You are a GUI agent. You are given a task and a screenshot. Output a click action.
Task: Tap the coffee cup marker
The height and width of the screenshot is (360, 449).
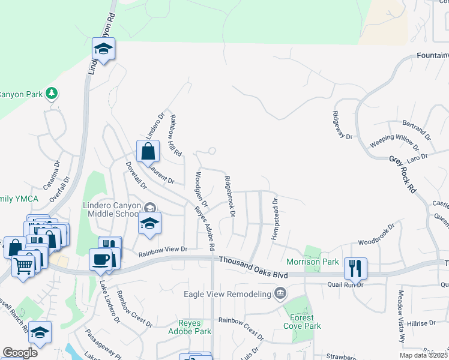pyautogui.click(x=100, y=259)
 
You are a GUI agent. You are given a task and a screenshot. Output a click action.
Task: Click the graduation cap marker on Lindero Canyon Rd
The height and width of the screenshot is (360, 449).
pyautogui.click(x=103, y=49)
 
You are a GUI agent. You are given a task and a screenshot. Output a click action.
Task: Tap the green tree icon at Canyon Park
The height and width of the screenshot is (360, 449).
pyautogui.click(x=52, y=94)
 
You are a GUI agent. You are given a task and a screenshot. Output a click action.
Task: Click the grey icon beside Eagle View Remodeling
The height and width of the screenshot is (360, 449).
pyautogui.click(x=280, y=293)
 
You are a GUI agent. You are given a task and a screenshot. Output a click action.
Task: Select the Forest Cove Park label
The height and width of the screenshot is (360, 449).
pyautogui.click(x=303, y=322)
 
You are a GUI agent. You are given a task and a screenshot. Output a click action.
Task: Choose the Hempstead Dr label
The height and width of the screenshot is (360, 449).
pyautogui.click(x=276, y=219)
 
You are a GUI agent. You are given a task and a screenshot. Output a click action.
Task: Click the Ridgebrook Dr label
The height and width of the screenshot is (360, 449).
pyautogui.click(x=229, y=196)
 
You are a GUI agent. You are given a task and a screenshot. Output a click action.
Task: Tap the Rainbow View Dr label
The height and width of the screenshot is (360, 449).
pyautogui.click(x=163, y=249)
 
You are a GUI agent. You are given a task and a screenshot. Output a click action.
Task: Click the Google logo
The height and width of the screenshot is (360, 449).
pyautogui.click(x=20, y=353)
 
